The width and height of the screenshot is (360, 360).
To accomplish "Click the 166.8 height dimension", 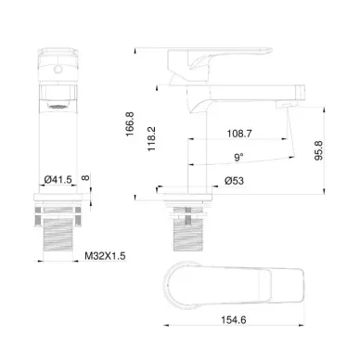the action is click(x=130, y=124).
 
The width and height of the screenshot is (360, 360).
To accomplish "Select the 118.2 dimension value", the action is click(x=151, y=139).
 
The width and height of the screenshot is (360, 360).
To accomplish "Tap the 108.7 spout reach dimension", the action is click(x=239, y=134).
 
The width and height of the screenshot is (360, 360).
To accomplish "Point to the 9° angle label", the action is click(x=238, y=157).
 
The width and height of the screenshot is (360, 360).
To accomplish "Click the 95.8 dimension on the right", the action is click(x=318, y=150).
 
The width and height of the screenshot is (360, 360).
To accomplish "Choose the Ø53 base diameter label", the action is click(x=234, y=181).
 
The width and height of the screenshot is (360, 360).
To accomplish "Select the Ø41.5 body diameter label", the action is click(x=58, y=179).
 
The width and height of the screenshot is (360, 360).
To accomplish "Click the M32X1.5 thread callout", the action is click(x=105, y=256).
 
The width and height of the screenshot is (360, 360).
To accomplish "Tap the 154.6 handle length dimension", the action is click(x=234, y=319).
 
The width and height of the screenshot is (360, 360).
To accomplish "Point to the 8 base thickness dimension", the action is click(x=85, y=177).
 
